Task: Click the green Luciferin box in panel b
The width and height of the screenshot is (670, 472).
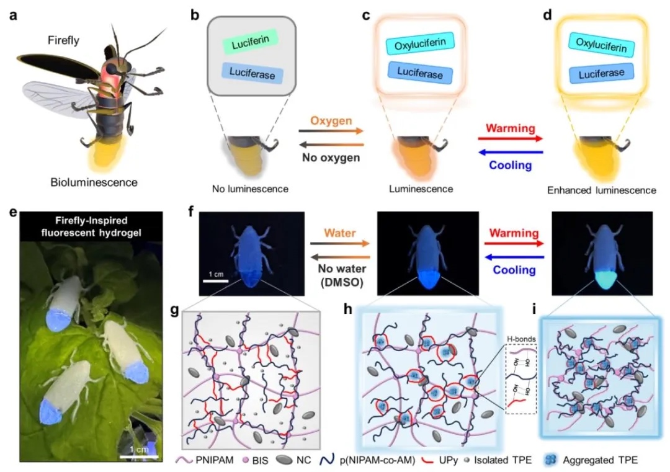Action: (246, 45)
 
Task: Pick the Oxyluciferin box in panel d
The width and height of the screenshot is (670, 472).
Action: (601, 44)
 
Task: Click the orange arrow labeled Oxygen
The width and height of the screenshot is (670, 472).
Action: (330, 130)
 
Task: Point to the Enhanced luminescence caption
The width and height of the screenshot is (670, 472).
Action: (601, 190)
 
